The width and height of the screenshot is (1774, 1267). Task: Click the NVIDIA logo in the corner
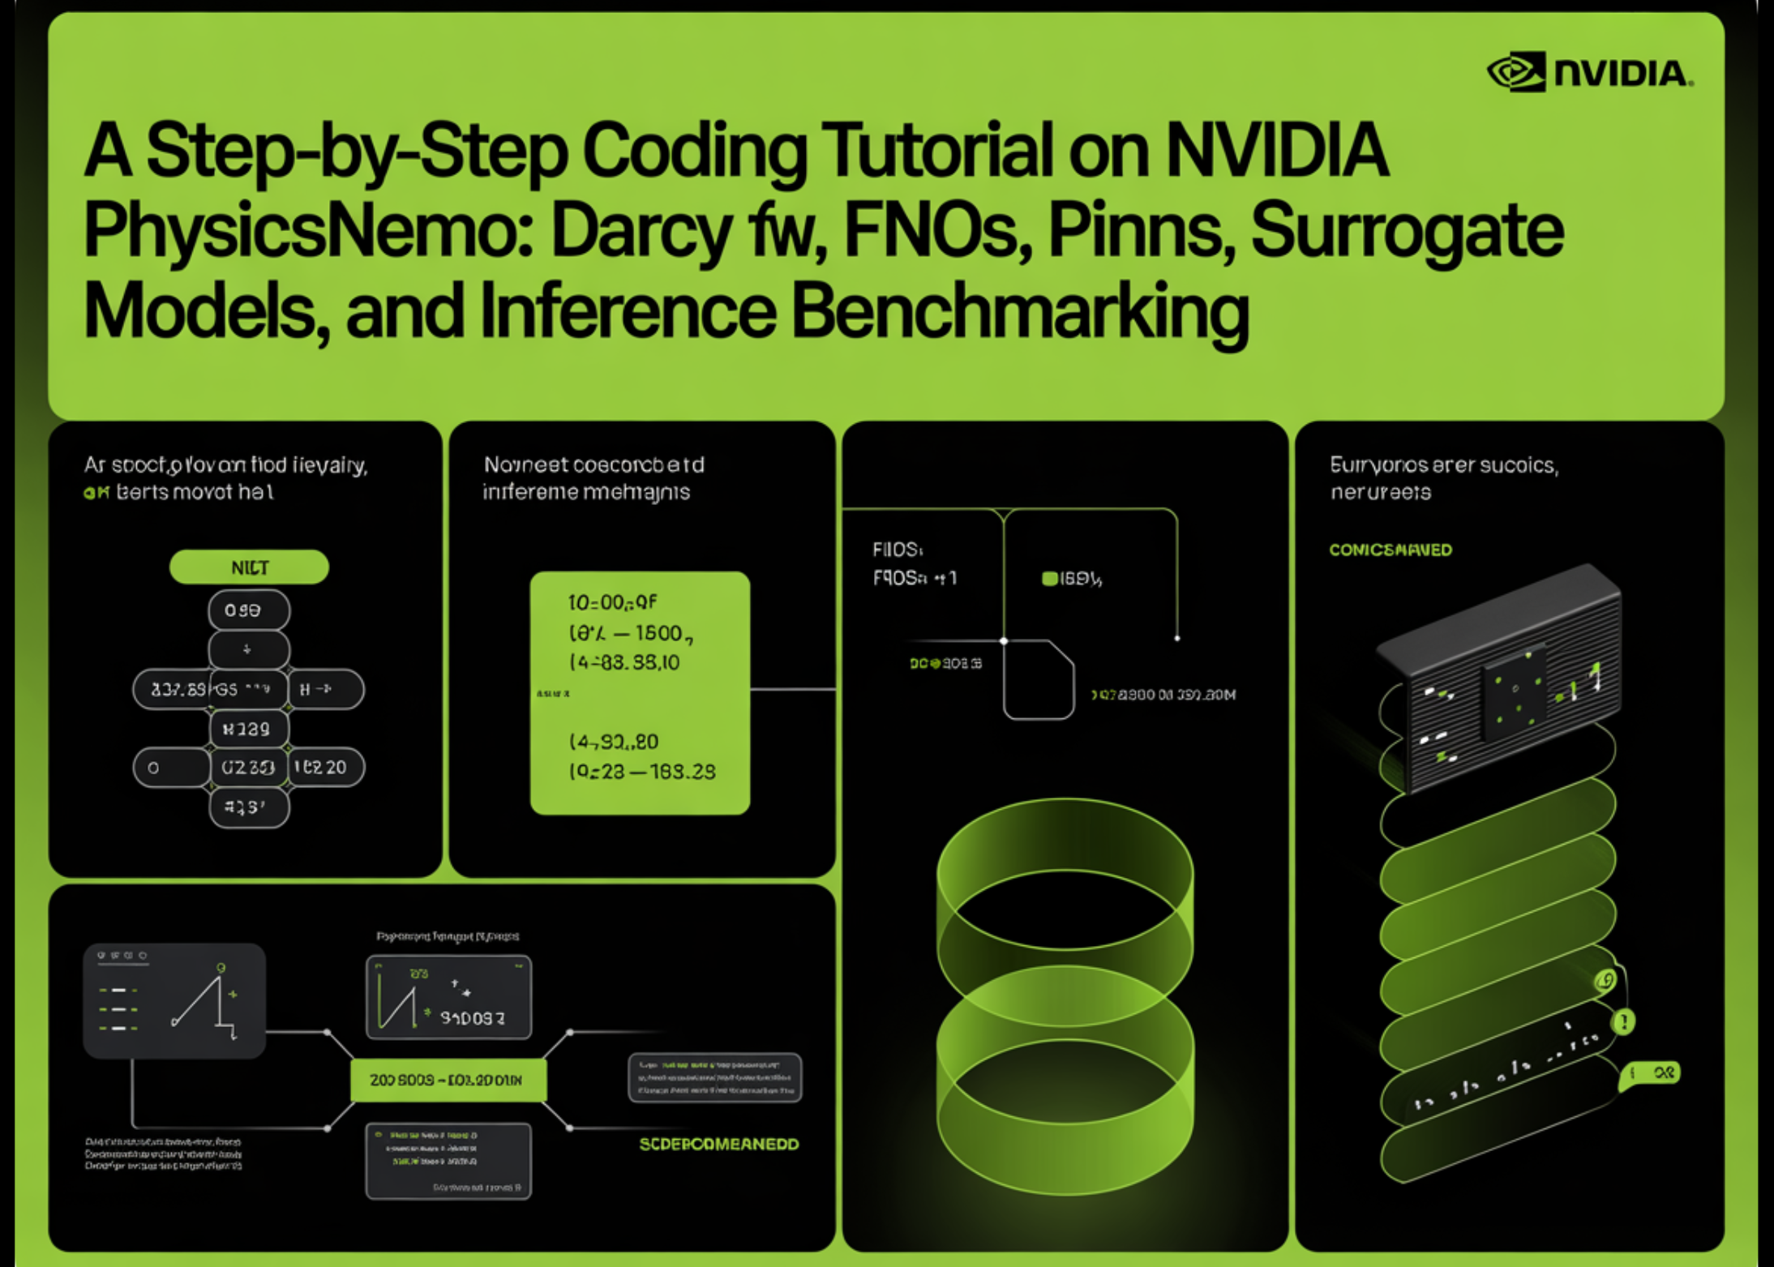(x=1589, y=73)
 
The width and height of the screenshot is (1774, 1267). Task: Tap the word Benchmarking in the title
(x=1019, y=312)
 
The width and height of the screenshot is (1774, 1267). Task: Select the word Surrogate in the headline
(x=1407, y=231)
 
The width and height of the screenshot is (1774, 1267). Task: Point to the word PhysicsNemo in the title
(x=308, y=231)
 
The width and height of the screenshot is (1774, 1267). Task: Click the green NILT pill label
(x=249, y=567)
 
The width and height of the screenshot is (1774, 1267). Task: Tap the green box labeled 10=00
(x=640, y=692)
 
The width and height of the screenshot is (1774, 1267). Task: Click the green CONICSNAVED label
(x=1390, y=550)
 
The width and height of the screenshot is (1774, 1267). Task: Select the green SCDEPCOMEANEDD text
(x=718, y=1144)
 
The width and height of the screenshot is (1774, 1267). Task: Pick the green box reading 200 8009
(x=448, y=1080)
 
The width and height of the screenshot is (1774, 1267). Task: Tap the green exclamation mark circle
(x=1623, y=1021)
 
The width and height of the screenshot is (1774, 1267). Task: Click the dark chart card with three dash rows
(x=174, y=1000)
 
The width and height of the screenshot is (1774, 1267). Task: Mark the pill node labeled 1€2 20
(x=324, y=767)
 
